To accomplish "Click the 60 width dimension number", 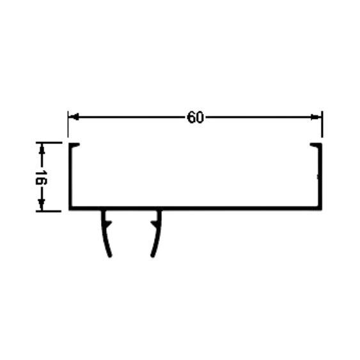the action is (x=196, y=117).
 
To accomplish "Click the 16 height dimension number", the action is (x=41, y=178).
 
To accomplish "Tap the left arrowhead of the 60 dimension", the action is (x=74, y=117).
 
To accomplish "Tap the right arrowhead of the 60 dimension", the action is (x=316, y=117).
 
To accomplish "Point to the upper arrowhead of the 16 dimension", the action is (x=42, y=149).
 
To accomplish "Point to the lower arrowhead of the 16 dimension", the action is (x=42, y=205).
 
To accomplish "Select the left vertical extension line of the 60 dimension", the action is (x=68, y=124).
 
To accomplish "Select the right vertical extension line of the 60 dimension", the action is (x=322, y=124).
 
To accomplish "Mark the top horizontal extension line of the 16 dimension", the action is (x=49, y=143).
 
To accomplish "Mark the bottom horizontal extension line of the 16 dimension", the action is (x=49, y=211).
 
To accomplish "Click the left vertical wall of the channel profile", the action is (x=70, y=176).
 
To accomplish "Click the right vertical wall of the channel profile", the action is (x=320, y=176).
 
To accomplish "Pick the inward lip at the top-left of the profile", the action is (x=75, y=145).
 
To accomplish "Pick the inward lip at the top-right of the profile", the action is (x=315, y=145).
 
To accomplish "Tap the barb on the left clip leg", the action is (x=108, y=224).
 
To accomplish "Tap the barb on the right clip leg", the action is (x=154, y=224).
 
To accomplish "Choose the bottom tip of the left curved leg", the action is (x=110, y=256).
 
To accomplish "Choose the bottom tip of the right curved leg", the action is (x=152, y=256).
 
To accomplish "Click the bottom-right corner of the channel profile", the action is (x=322, y=210).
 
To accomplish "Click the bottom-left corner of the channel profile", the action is (x=69, y=210).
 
